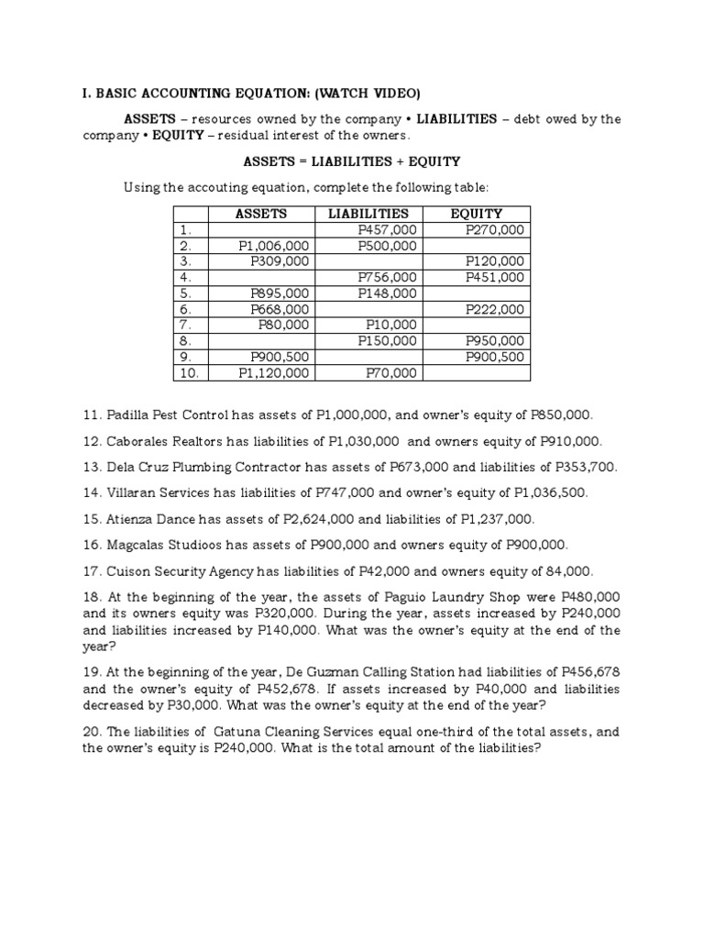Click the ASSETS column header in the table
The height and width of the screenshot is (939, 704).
click(x=261, y=214)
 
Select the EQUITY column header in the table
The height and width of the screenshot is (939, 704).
click(x=477, y=214)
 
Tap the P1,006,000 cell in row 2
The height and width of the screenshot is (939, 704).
click(x=274, y=246)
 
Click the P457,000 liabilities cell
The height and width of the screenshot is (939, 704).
click(x=388, y=230)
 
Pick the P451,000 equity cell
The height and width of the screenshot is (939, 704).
click(x=495, y=277)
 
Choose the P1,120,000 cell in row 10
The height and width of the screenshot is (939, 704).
click(x=274, y=372)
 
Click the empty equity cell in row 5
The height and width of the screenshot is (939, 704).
click(x=477, y=293)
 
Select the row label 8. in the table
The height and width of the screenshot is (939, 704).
click(x=186, y=341)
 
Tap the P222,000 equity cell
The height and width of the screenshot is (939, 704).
click(x=495, y=309)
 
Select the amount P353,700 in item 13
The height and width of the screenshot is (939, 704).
click(x=585, y=467)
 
